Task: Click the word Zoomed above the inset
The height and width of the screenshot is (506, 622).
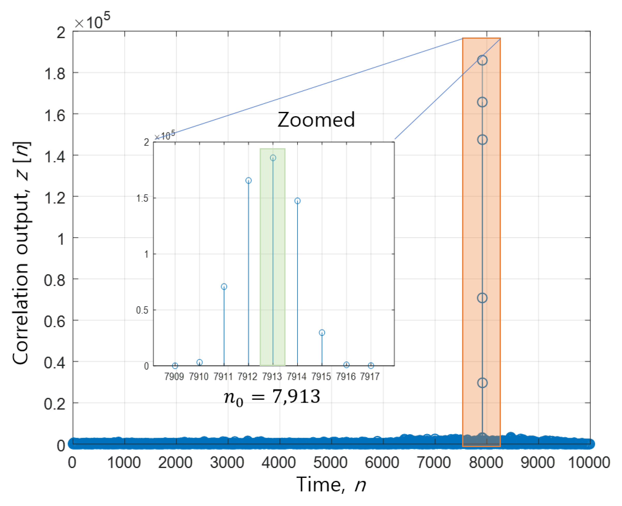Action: tap(316, 120)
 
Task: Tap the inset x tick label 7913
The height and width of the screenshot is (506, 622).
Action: tap(272, 377)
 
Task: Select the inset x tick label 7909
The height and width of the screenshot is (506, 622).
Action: tap(174, 377)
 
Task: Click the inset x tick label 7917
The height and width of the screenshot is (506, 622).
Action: tap(369, 377)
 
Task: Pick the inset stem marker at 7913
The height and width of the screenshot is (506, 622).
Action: tap(273, 158)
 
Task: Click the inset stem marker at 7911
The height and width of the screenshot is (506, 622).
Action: tap(224, 287)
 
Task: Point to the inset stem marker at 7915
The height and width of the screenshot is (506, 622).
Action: tap(322, 333)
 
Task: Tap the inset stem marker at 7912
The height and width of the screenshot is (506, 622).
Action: tap(248, 180)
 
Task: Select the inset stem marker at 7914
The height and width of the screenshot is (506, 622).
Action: tap(297, 201)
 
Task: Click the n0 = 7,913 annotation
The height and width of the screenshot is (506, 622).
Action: tap(272, 397)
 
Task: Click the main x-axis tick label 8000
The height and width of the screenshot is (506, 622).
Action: tap(486, 463)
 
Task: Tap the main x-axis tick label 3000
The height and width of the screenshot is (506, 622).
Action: tap(227, 463)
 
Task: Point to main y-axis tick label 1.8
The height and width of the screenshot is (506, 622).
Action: tap(55, 74)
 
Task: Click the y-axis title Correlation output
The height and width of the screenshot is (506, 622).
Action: tap(21, 254)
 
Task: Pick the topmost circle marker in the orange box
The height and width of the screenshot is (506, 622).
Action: tap(482, 60)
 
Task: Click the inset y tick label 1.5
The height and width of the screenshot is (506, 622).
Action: tap(142, 198)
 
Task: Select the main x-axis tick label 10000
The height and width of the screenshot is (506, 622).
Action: tap(589, 463)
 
